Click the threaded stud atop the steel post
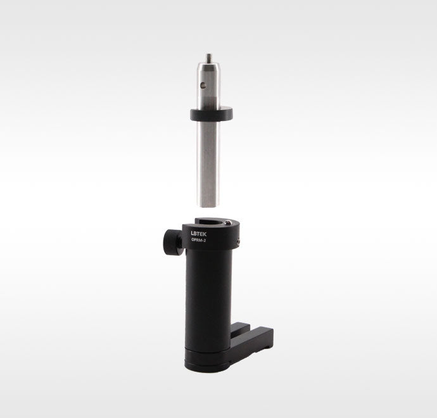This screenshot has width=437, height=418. (208, 58)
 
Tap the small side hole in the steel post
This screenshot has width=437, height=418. (204, 84)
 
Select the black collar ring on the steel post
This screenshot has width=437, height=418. (212, 114)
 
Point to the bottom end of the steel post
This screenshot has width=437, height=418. (208, 206)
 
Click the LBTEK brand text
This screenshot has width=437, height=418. (199, 234)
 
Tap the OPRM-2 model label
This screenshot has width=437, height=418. (199, 241)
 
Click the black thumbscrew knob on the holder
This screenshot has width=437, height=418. (173, 241)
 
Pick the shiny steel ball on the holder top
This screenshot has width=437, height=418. (228, 223)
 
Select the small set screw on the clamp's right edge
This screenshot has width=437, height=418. (238, 242)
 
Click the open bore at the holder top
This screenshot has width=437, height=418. (212, 222)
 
